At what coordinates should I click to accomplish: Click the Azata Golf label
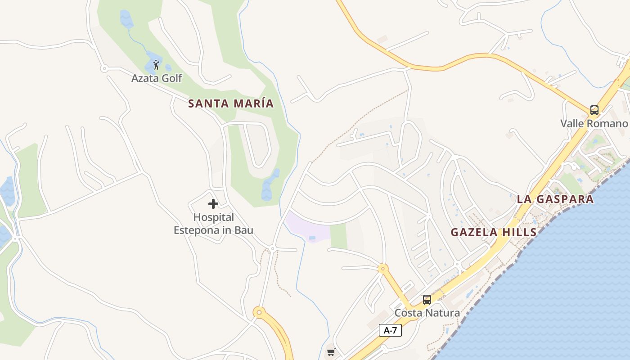click(157, 78)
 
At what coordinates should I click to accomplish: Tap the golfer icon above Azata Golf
click(156, 65)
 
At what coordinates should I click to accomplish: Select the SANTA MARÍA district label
click(231, 103)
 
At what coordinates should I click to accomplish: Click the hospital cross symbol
click(213, 204)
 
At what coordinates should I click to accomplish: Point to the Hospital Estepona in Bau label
click(214, 224)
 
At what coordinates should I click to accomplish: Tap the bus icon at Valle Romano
click(594, 110)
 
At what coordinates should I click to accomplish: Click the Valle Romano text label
click(594, 123)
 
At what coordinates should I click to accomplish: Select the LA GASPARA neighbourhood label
click(555, 199)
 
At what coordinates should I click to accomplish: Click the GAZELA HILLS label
click(494, 232)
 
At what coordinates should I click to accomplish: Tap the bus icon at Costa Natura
click(427, 299)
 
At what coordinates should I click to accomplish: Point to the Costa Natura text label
click(427, 313)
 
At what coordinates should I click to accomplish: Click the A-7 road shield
click(390, 330)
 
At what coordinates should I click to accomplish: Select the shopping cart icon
click(331, 352)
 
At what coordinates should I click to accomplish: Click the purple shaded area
click(308, 226)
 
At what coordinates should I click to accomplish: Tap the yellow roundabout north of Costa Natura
click(383, 269)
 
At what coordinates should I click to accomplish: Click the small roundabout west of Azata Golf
click(104, 69)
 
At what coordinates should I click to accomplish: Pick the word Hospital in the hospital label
click(214, 217)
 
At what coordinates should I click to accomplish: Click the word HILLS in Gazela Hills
click(520, 232)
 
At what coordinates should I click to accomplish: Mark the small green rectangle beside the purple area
click(338, 235)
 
